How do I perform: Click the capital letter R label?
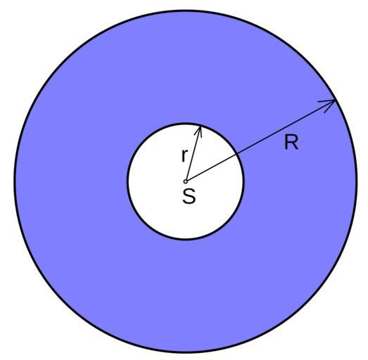tap(291, 142)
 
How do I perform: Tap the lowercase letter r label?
tap(185, 155)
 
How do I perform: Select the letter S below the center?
tap(189, 195)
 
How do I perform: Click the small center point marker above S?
tap(185, 181)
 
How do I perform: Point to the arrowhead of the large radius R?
tap(328, 105)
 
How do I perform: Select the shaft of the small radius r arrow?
tap(193, 154)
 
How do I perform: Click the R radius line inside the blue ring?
tap(286, 127)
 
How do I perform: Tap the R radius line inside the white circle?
tap(212, 167)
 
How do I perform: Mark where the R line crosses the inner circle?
tap(237, 153)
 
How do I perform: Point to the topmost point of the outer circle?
tap(186, 11)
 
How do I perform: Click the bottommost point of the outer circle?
tap(186, 352)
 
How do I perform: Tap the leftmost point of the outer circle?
tap(15, 181)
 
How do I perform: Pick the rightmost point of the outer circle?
tap(357, 181)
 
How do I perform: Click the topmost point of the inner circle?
tap(186, 124)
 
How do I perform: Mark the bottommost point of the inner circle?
tap(186, 239)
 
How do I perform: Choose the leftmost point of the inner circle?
tap(128, 181)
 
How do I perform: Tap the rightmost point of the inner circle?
tap(243, 181)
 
